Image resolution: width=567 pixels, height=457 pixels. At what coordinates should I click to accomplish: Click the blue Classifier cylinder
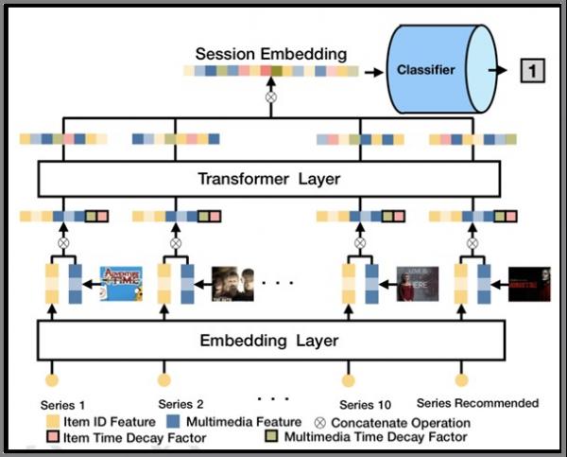(x=438, y=69)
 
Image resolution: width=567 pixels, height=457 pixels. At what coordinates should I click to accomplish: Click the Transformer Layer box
(x=266, y=178)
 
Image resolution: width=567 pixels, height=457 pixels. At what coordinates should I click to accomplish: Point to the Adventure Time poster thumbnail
(x=121, y=283)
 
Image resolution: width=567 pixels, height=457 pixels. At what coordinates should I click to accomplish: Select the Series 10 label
(x=363, y=404)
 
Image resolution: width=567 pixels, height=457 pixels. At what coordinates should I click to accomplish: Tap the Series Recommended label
(x=477, y=403)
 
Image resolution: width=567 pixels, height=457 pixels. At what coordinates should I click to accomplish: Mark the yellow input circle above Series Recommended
(x=462, y=380)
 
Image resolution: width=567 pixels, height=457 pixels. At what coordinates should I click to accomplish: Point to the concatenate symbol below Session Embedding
(x=271, y=97)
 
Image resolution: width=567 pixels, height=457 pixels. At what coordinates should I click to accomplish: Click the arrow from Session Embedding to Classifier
(x=372, y=70)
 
